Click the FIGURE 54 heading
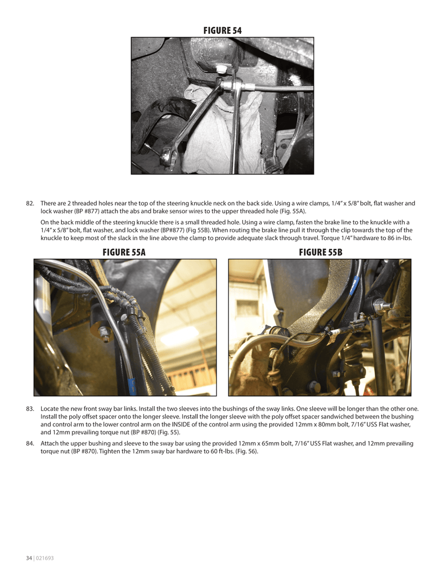222,30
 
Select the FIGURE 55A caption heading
124,253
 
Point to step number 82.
30,203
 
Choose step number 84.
30,443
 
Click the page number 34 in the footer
29,558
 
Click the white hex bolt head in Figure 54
222,69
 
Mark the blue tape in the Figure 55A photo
132,385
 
